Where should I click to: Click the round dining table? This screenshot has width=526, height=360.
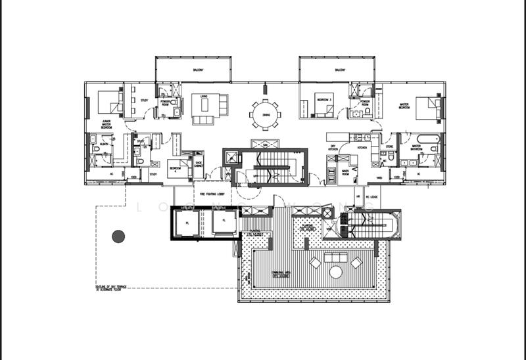coord(265,113)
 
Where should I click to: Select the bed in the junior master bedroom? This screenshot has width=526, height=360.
coord(108,102)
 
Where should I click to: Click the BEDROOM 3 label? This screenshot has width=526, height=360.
coord(324,99)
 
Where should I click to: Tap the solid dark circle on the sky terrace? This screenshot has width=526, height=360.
coord(118,236)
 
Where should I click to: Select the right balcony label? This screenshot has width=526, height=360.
coord(340,69)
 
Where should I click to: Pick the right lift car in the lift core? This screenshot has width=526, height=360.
coord(224,223)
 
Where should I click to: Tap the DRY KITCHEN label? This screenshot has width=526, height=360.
coord(333,148)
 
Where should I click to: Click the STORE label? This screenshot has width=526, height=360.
coord(389,146)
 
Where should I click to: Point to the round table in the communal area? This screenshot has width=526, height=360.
coord(335,271)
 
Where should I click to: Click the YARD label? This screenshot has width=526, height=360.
coord(379,177)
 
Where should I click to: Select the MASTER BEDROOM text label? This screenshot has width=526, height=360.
coord(404,106)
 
